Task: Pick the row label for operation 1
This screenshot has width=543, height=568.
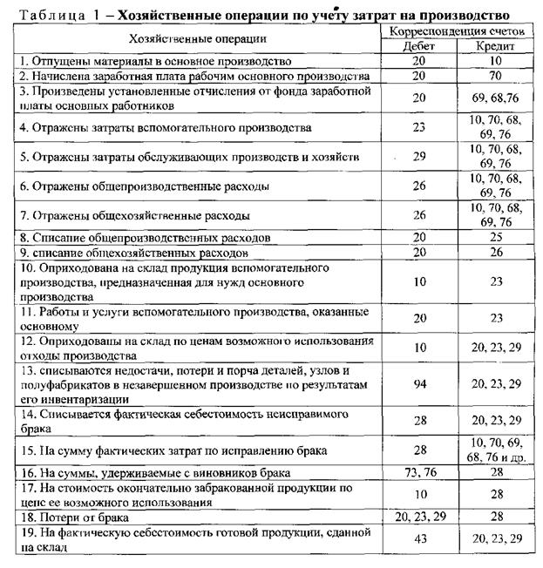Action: pos(131,61)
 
